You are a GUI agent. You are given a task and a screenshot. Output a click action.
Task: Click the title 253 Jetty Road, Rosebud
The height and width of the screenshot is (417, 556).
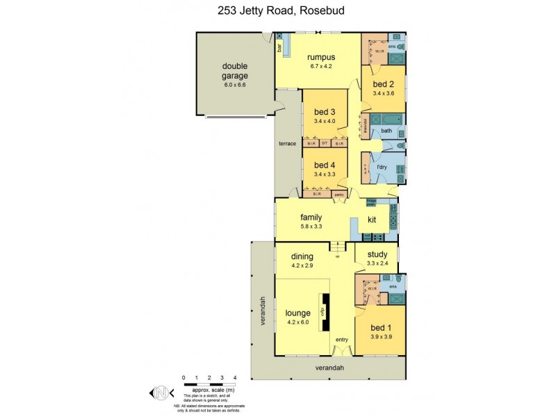pos(277,11)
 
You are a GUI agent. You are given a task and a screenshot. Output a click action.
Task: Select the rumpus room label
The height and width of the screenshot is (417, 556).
pos(321,57)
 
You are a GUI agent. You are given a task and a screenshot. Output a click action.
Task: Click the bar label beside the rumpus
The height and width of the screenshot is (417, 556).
pos(279,49)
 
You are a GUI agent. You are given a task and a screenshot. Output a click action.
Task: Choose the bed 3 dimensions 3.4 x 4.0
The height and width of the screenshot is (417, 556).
pos(325,121)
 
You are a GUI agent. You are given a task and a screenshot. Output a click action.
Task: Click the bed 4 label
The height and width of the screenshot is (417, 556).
pos(325,165)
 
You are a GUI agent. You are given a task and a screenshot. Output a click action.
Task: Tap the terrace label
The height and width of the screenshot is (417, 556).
pos(288,143)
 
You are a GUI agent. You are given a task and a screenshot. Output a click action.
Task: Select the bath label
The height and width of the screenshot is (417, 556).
pos(386,131)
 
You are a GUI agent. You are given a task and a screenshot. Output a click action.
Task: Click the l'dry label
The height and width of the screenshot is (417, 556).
pos(382,167)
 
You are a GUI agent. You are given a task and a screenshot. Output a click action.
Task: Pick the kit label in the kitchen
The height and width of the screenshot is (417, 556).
pos(372,220)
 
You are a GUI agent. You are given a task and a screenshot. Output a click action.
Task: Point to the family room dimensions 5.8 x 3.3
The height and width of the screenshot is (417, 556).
pos(310,227)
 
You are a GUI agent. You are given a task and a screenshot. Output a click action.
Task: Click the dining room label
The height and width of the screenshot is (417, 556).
pos(302,256)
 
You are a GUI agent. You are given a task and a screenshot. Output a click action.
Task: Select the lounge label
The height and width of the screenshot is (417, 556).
pos(297,313)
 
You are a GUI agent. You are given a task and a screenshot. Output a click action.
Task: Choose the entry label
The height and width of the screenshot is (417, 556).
pos(341,339)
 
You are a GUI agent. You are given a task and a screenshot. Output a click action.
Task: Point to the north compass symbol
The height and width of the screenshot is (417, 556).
pos(161,393)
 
